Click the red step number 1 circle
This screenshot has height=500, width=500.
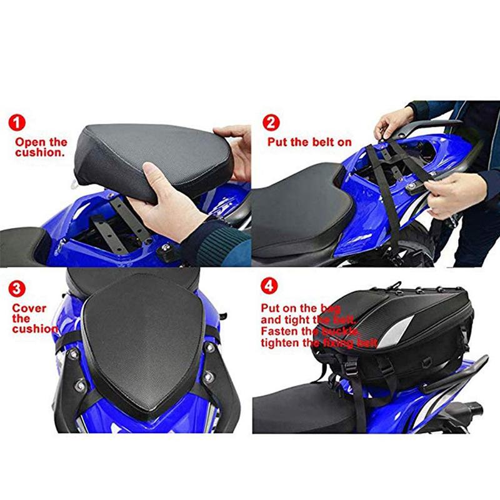19,122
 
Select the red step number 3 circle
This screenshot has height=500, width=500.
19,289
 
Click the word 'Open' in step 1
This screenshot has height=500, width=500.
27,142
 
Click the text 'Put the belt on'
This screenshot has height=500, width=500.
309,142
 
